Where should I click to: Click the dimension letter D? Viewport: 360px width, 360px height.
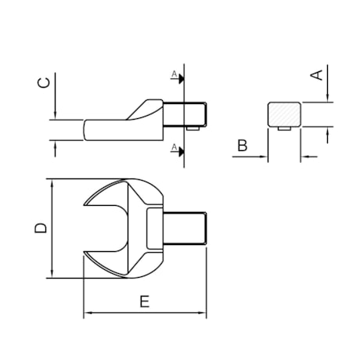coord(41,228)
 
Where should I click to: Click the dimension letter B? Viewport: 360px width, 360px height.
coord(242,145)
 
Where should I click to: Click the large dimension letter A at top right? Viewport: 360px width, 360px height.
coord(316,74)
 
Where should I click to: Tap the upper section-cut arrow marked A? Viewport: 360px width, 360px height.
coord(179,78)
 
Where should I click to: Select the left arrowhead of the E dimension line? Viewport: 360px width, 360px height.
coord(87,314)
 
